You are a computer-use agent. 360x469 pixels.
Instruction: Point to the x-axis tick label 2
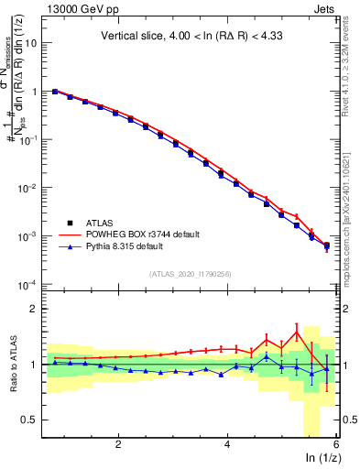click(x=118, y=444)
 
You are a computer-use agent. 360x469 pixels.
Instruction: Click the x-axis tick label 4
click(x=227, y=444)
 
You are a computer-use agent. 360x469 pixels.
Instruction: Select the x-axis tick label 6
click(x=335, y=444)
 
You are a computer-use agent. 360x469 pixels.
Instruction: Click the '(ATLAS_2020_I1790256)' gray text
click(x=191, y=273)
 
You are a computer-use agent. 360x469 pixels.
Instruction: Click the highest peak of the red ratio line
click(x=297, y=331)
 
